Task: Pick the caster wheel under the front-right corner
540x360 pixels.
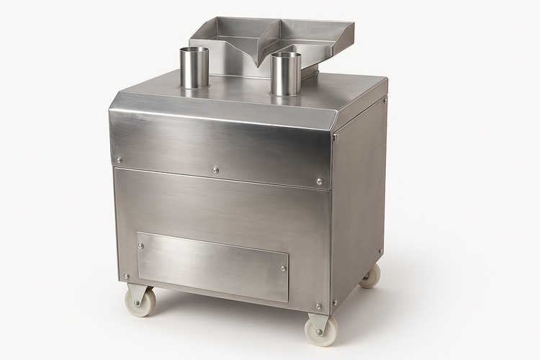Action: (x=320, y=330)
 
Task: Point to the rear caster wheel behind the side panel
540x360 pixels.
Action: (x=370, y=276)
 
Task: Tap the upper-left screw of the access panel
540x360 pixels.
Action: (x=140, y=246)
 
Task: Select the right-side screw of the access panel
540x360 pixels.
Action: (x=283, y=269)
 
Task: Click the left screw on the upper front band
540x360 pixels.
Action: (x=120, y=161)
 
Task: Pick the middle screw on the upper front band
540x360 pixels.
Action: (x=215, y=171)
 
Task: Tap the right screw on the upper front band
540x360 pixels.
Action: (x=320, y=181)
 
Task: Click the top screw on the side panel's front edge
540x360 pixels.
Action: (x=336, y=136)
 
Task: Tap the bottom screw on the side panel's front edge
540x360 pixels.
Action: (x=336, y=302)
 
